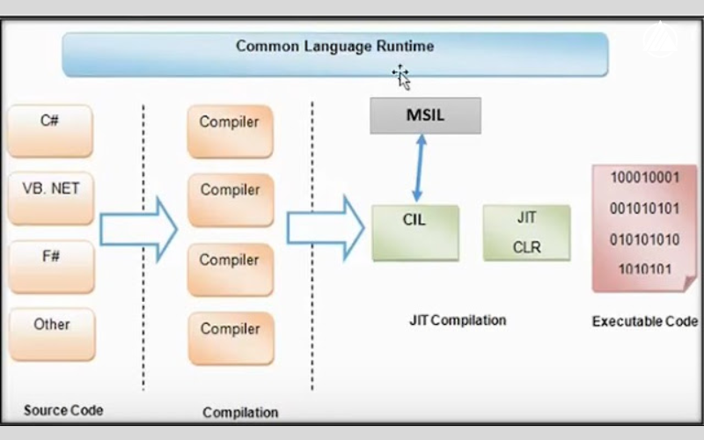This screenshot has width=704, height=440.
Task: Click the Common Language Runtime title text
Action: click(335, 47)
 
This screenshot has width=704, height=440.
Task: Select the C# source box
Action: click(50, 130)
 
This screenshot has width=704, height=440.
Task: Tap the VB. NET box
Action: click(51, 199)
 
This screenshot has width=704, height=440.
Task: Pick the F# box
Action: click(51, 267)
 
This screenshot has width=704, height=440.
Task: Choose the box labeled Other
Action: click(52, 334)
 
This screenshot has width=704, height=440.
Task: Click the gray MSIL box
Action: click(425, 116)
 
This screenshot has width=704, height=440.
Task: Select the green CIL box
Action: click(415, 232)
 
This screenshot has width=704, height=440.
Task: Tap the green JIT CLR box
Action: click(526, 232)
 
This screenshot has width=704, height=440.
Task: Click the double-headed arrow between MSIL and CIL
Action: click(420, 168)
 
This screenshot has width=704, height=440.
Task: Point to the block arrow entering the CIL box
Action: click(326, 228)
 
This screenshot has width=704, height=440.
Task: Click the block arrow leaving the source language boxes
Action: click(138, 229)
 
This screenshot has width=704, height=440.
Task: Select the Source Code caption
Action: click(63, 410)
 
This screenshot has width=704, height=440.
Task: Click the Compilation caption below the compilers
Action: click(240, 412)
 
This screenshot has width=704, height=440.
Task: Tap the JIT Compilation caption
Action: click(458, 320)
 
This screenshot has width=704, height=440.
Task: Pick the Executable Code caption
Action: click(645, 321)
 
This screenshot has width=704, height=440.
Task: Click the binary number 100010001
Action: click(645, 178)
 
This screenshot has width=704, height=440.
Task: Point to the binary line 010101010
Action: click(645, 239)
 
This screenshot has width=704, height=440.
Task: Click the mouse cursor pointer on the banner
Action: click(402, 77)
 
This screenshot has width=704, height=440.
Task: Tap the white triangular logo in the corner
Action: click(661, 40)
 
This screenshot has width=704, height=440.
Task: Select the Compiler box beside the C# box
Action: click(231, 131)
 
